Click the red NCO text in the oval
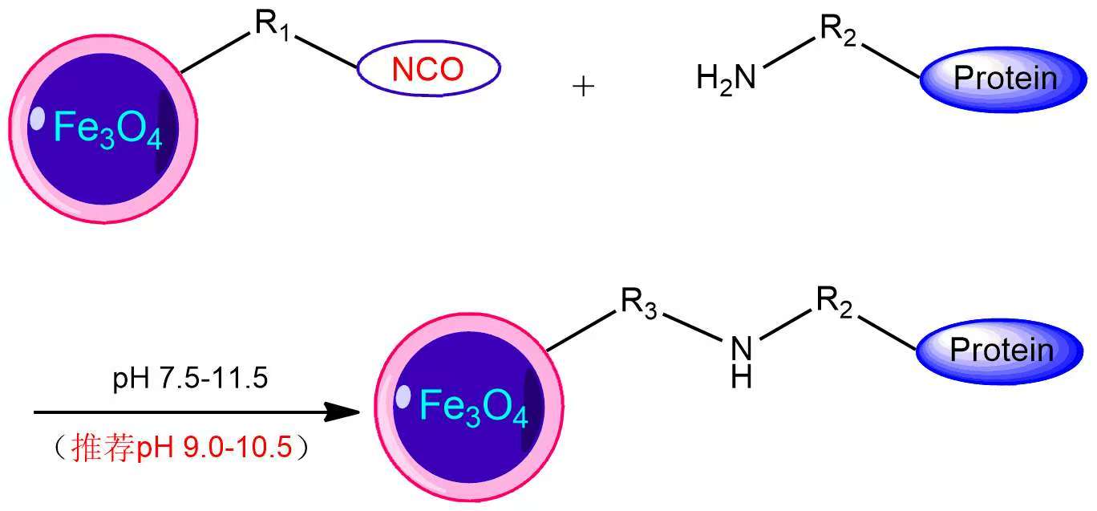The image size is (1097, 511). tap(428, 71)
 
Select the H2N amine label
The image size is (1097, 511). tap(727, 79)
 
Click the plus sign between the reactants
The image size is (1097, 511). tap(583, 87)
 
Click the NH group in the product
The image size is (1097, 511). tap(741, 361)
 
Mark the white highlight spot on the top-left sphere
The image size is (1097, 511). tap(37, 118)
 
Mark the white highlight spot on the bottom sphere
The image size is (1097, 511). tap(403, 396)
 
